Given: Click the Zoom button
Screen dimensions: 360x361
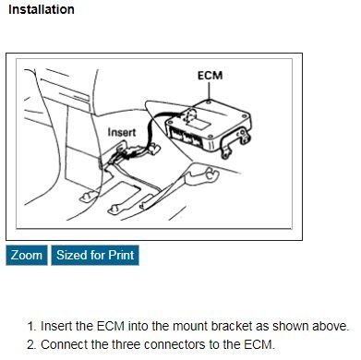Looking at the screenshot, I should click(x=27, y=255).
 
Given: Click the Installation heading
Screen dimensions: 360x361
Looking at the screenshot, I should click(x=42, y=10).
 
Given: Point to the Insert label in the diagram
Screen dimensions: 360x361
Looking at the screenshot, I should click(x=122, y=132).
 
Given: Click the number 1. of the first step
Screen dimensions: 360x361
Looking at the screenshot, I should click(x=32, y=327).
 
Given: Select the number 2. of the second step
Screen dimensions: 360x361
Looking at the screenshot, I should click(x=32, y=345).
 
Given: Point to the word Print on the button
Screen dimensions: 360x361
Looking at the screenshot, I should click(x=118, y=255).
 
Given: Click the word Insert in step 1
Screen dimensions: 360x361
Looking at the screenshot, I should click(x=59, y=327).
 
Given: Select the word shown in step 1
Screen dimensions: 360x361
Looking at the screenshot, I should click(x=291, y=327).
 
